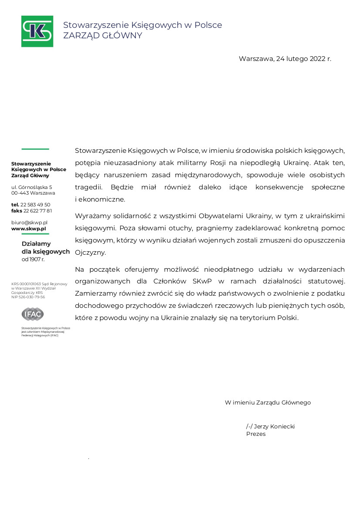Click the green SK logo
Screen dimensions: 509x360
tap(37, 31)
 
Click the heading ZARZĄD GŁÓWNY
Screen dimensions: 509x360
tap(102, 36)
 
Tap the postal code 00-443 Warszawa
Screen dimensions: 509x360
tap(33, 193)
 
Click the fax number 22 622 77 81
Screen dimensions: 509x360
tap(37, 211)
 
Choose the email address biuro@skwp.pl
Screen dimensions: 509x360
tap(29, 222)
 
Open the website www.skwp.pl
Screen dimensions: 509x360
tap(29, 228)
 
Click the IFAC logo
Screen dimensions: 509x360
tap(33, 313)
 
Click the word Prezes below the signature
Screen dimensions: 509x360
tap(256, 434)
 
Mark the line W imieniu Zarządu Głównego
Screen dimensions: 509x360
tap(268, 402)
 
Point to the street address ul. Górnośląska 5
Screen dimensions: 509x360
tap(31, 187)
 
